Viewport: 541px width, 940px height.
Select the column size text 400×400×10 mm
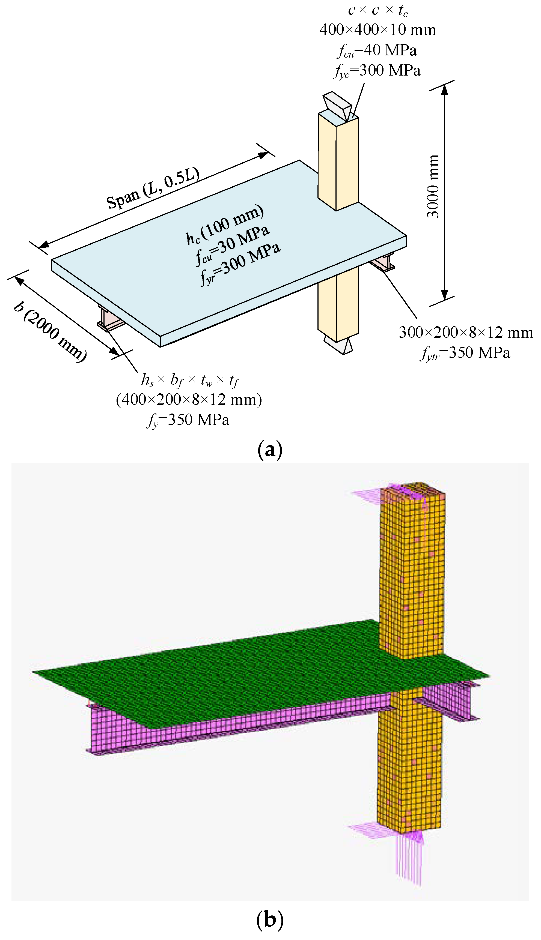(x=377, y=30)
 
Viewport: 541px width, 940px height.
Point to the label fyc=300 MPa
(x=377, y=71)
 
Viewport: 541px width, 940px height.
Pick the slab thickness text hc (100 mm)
(x=225, y=224)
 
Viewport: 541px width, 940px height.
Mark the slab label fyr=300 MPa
(x=240, y=263)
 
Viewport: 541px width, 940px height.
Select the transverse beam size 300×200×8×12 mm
(x=466, y=333)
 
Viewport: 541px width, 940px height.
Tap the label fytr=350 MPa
(x=466, y=353)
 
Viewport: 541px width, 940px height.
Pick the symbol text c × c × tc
(x=377, y=10)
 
